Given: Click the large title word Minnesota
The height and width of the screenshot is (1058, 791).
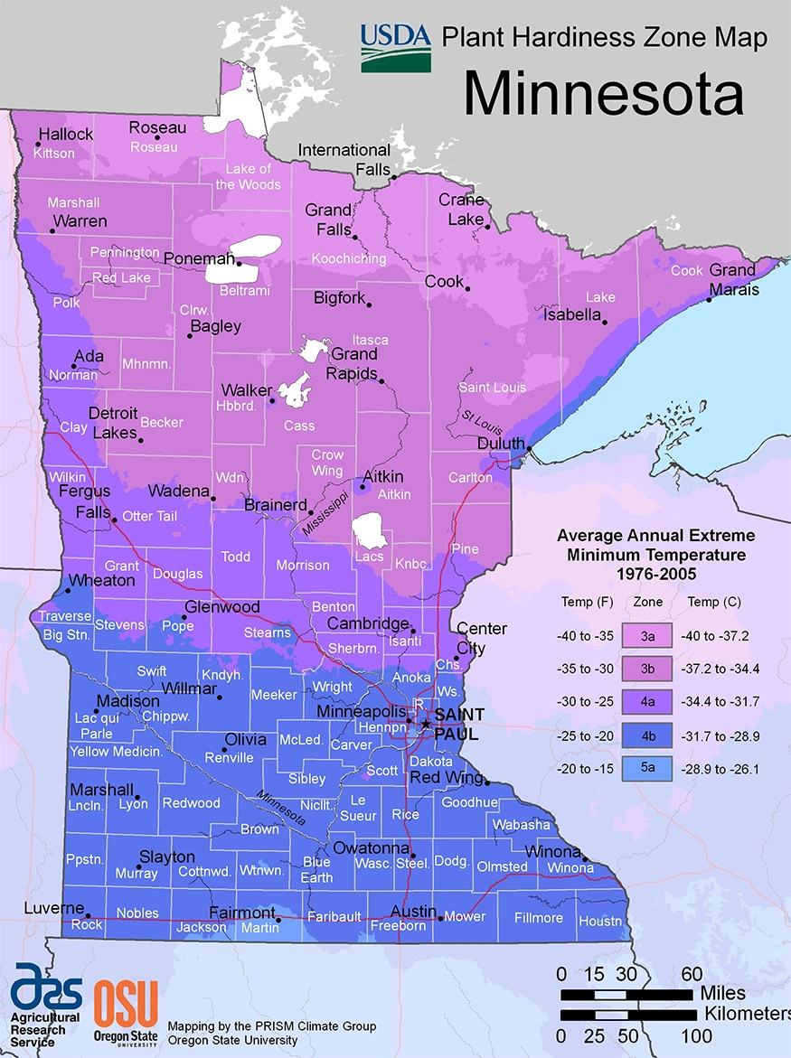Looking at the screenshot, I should [x=604, y=93].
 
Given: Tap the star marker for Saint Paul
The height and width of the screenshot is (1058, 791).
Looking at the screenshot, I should [x=426, y=724].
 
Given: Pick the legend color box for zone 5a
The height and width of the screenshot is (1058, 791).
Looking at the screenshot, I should [x=647, y=768].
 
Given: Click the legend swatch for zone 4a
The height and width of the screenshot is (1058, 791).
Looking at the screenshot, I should [x=647, y=701].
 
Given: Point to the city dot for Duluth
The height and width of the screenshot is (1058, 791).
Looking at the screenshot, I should [x=529, y=446].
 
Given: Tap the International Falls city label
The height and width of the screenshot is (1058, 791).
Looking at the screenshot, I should [x=344, y=159].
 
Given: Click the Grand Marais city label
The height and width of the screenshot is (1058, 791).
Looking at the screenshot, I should [x=732, y=280].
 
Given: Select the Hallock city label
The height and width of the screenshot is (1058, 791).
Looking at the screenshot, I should [x=65, y=135].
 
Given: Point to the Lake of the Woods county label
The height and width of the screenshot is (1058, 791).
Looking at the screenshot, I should [x=249, y=176].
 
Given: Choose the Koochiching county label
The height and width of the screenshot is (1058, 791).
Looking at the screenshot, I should [x=349, y=258].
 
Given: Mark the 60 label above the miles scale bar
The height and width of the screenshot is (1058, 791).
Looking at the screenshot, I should [x=692, y=973].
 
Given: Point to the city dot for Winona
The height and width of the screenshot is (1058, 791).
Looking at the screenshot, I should [x=585, y=860].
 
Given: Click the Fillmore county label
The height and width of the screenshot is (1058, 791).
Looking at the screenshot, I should [x=538, y=918].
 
